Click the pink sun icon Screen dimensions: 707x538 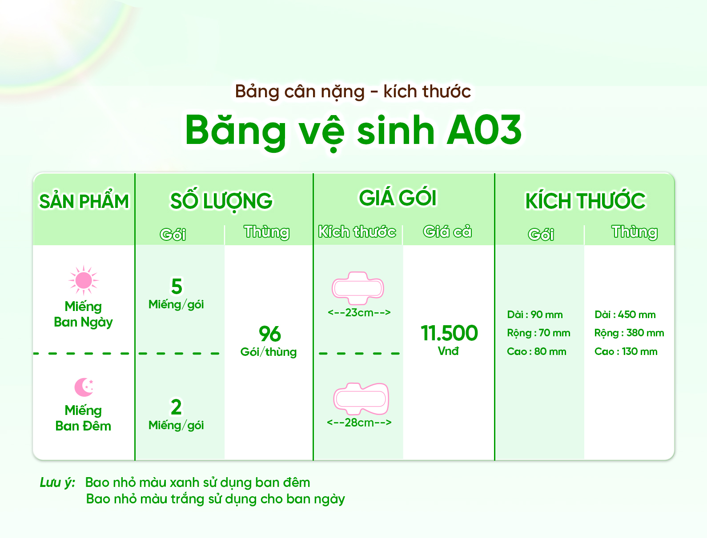(84, 280)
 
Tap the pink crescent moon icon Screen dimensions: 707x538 (83, 387)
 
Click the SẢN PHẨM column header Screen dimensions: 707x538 (84, 201)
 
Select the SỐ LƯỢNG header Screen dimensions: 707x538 (221, 201)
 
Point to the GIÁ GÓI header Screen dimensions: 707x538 (398, 197)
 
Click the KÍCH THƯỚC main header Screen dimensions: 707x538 (585, 201)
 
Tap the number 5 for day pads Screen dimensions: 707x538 (177, 286)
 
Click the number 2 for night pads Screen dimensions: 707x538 (176, 406)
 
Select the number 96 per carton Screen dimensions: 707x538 (269, 334)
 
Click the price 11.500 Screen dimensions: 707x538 (450, 333)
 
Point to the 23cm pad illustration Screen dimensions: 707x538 (358, 288)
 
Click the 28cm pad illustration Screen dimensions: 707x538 (361, 399)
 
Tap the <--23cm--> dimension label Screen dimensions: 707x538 (359, 312)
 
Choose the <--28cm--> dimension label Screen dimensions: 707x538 (359, 422)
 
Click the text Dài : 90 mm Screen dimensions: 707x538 (534, 315)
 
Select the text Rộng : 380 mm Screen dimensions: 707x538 (629, 333)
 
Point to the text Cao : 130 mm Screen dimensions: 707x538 (626, 351)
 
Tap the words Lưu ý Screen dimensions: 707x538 (58, 482)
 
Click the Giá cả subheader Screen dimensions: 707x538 (447, 231)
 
